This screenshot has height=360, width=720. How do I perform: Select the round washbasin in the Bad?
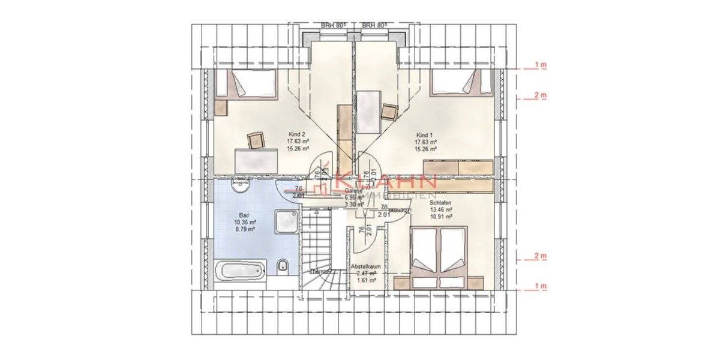click(x=239, y=186)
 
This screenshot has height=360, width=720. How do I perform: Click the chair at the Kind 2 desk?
click(x=256, y=140)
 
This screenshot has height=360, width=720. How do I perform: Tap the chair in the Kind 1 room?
click(x=390, y=111)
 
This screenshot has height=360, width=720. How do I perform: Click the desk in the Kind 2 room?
click(x=256, y=159)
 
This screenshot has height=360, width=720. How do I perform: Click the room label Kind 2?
click(x=298, y=134)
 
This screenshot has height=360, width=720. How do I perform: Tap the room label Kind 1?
click(x=425, y=134)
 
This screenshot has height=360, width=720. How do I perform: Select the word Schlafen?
click(x=440, y=203)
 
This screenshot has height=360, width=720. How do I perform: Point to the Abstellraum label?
click(x=365, y=265)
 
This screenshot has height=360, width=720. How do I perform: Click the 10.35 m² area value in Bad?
click(x=245, y=221)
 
